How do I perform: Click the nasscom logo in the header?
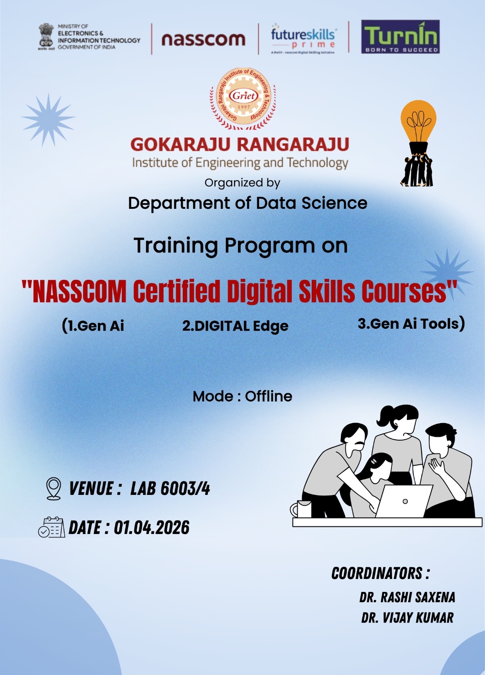(203, 40)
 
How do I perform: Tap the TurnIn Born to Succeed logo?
(401, 37)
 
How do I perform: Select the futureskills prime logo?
(304, 39)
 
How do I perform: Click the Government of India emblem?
(46, 37)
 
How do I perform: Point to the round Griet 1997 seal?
(243, 98)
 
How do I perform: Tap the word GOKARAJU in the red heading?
(180, 144)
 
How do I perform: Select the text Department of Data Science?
(247, 203)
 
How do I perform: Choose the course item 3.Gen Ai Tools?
(411, 324)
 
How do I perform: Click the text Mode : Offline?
(242, 396)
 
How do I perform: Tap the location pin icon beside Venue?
(53, 489)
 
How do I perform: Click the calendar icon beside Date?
(52, 527)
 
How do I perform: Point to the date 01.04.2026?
(151, 527)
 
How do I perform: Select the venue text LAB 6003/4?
(170, 489)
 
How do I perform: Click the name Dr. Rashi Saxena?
(407, 597)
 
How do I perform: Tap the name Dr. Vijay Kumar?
(407, 618)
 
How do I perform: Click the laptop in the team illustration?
(403, 501)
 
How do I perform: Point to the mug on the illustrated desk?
(301, 509)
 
